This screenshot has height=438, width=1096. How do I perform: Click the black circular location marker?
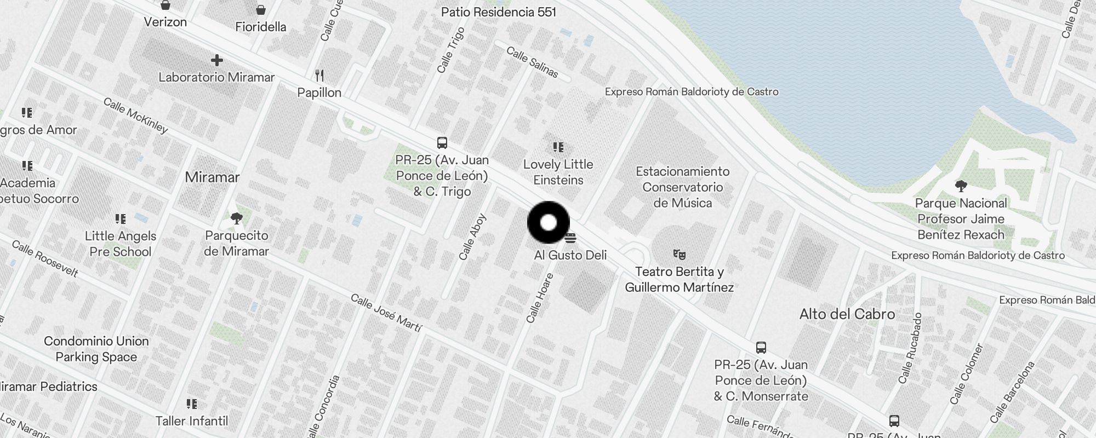(549, 222)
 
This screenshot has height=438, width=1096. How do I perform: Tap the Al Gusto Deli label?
(570, 255)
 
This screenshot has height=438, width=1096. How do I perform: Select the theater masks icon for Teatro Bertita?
(680, 254)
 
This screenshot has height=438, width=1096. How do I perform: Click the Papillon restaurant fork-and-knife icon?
(319, 76)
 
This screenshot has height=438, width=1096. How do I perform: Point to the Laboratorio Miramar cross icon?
(217, 60)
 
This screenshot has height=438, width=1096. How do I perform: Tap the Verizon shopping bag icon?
(165, 5)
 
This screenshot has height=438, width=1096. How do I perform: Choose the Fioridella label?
(261, 27)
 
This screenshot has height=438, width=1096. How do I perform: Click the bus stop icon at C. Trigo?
(442, 143)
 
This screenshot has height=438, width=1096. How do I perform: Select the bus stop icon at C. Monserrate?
(761, 347)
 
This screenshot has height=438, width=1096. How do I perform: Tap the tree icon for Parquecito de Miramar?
(237, 219)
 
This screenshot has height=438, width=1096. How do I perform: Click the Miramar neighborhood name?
(212, 177)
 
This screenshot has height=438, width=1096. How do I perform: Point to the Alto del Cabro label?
(847, 314)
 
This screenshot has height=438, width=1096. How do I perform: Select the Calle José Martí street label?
(386, 313)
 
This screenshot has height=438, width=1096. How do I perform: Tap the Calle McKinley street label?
(135, 116)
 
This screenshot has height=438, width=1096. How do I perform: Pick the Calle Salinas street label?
(532, 62)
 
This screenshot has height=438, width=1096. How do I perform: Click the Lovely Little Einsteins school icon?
(558, 147)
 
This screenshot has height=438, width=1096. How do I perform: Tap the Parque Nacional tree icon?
(961, 186)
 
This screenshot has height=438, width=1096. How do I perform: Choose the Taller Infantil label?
(192, 421)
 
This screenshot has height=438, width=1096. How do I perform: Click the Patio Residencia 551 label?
(498, 12)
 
